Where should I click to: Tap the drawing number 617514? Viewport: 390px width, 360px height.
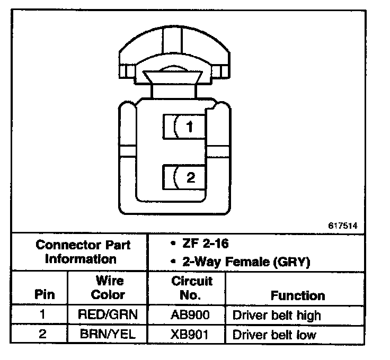pos(343,225)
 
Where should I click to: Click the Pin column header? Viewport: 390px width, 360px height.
pos(45,294)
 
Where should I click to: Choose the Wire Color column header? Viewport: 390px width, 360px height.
pos(108,287)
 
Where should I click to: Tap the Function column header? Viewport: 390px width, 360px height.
pos(298,295)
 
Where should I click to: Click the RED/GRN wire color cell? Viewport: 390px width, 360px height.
pos(108,315)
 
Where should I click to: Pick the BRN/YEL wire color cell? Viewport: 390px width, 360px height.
pos(108,334)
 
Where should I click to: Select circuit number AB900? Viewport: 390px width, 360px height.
pos(187,315)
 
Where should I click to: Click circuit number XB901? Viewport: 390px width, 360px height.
pos(187,334)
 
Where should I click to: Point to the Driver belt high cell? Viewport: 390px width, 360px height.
pos(277,316)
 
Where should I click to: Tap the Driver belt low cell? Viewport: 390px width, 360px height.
pos(274,335)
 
